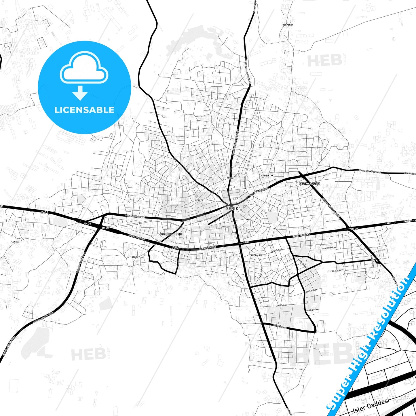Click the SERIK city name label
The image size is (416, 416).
pyautogui.click(x=232, y=209)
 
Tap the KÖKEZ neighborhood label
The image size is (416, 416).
pyautogui.click(x=230, y=178)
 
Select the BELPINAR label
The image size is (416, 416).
pyautogui.click(x=288, y=25)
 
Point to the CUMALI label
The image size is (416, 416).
pyautogui.click(x=15, y=242)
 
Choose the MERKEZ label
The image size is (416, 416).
pyautogui.click(x=199, y=200)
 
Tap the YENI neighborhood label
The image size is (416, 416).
pyautogui.click(x=248, y=219)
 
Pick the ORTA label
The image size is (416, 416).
pyautogui.click(x=225, y=227)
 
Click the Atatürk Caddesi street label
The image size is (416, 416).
pyautogui.click(x=135, y=216)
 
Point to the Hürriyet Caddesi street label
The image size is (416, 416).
pyautogui.click(x=259, y=191)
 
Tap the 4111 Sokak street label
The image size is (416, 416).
pyautogui.click(x=330, y=248)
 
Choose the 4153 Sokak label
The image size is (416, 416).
pyautogui.click(x=312, y=310)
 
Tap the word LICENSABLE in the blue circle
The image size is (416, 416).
pyautogui.click(x=84, y=110)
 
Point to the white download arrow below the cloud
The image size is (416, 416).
pyautogui.click(x=80, y=93)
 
